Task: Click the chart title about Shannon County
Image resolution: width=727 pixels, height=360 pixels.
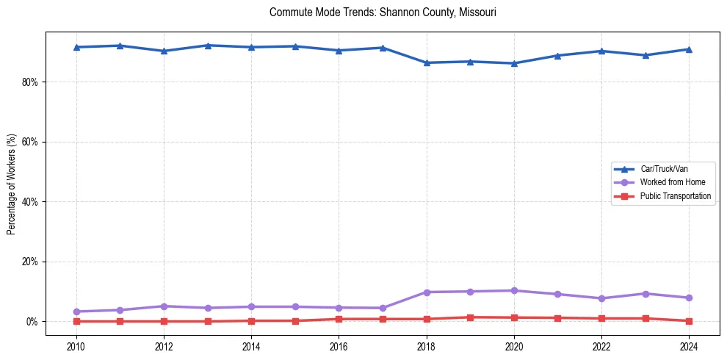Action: point(383,12)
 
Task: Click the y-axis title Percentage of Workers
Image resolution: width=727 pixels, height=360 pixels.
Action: point(11,184)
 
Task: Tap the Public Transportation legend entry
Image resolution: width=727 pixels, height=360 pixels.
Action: point(675,196)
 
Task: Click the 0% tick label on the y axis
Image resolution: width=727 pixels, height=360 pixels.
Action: point(32,322)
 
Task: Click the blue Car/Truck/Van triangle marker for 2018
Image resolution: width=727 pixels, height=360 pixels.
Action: point(427,62)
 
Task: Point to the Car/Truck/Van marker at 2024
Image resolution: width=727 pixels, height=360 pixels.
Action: point(689,49)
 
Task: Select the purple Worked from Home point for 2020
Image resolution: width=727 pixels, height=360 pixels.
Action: point(514,290)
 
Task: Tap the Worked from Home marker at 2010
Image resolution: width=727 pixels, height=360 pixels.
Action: point(76,312)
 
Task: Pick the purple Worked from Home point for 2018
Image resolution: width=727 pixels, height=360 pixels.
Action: point(427,292)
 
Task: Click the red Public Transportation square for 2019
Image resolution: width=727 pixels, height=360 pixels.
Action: point(470,317)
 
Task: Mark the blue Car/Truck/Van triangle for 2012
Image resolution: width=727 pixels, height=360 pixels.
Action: point(164,51)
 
